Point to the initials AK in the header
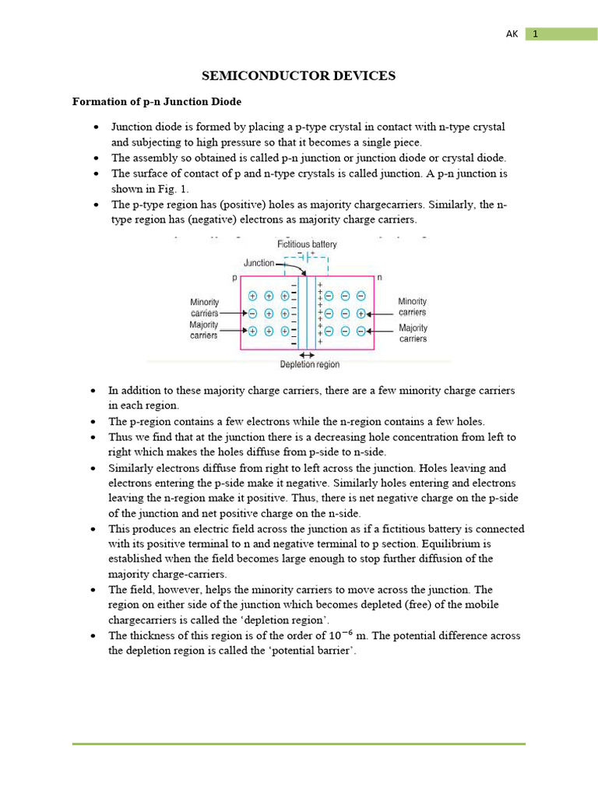click(512, 34)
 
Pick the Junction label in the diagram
click(259, 263)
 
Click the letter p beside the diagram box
click(234, 278)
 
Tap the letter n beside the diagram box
click(379, 278)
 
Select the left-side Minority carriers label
click(204, 307)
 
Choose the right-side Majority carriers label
click(413, 333)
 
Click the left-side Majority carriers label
click(204, 330)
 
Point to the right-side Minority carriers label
click(413, 307)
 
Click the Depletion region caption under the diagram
click(310, 364)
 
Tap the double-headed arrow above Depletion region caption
click(307, 354)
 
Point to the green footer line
click(299, 744)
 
